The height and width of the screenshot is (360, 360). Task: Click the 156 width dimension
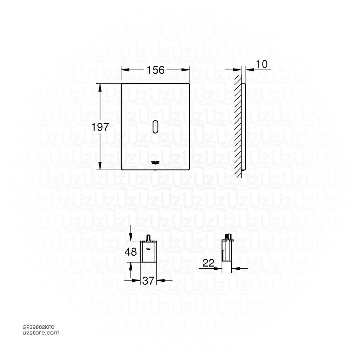click(x=155, y=70)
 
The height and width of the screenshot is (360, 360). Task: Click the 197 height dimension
click(x=101, y=127)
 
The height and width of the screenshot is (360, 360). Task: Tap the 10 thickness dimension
click(x=262, y=64)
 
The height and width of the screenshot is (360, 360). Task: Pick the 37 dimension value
click(x=148, y=281)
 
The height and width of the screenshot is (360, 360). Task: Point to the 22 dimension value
click(x=209, y=263)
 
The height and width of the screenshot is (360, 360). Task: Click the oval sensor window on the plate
click(x=155, y=127)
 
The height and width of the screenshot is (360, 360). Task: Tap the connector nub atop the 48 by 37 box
click(x=148, y=238)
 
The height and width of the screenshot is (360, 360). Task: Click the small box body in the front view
click(x=148, y=252)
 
